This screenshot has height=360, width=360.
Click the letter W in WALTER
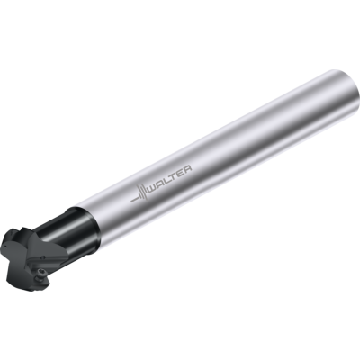coord(154,189)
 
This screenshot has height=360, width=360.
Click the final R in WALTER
coord(187,169)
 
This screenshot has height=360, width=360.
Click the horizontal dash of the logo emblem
coord(134,199)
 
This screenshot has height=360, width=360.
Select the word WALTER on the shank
coord(170,180)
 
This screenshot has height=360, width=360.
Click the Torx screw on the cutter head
coord(41,272)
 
